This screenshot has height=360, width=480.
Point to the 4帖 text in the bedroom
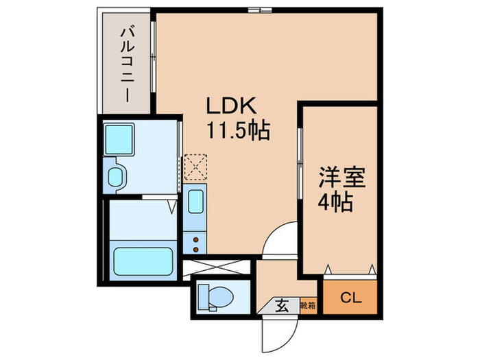(335, 202)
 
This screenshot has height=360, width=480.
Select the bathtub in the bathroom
(143, 261)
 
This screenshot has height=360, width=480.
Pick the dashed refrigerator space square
(195, 165)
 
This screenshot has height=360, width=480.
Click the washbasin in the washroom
(115, 176)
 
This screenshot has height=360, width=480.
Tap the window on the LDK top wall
(259, 10)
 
